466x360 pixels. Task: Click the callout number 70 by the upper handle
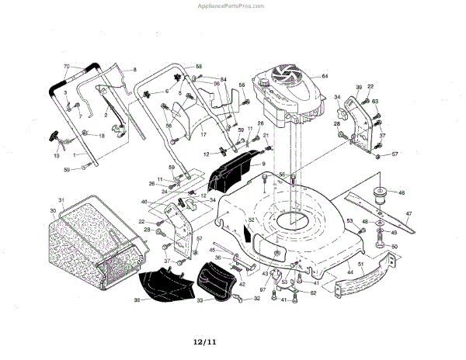[x=66, y=67]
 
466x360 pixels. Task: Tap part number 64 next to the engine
[x=325, y=76]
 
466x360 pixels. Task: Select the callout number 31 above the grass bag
[x=61, y=200]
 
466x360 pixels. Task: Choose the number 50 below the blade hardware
[x=394, y=247]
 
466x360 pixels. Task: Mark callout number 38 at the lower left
[x=137, y=299]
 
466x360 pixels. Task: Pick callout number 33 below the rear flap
[x=200, y=300]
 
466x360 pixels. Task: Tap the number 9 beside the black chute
[x=263, y=164]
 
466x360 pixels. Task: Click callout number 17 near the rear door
[x=203, y=135]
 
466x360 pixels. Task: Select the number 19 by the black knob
[x=56, y=156]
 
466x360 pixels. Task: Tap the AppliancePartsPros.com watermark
[x=232, y=5]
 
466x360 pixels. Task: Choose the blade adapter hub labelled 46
[x=381, y=193]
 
